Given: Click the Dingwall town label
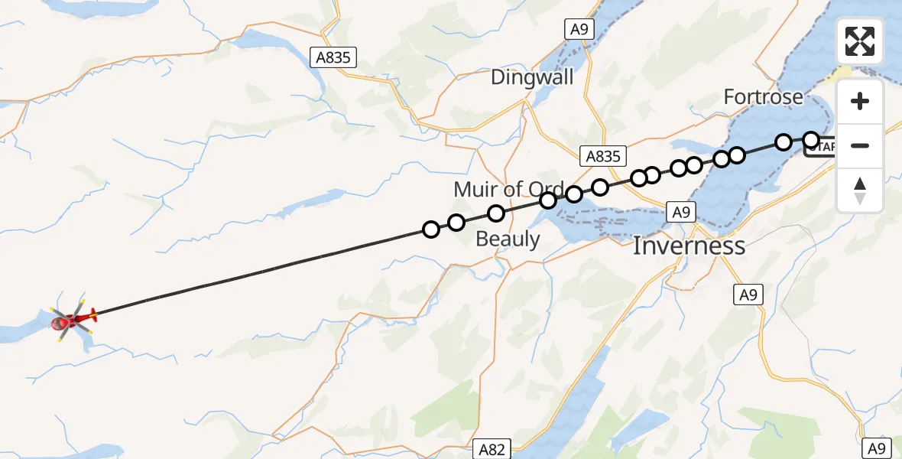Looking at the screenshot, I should coord(532,77).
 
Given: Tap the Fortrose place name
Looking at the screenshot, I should coord(763,97).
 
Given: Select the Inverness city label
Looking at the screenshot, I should coord(689,246).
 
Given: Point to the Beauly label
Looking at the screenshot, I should coord(508,239).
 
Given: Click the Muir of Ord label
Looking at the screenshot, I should coord(508,189).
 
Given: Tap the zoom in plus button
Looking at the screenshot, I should coord(860,101).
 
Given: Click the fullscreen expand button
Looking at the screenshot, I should coord(860,41).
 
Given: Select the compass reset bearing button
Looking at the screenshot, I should coord(860,189).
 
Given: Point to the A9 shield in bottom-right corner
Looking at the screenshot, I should coord(876,449).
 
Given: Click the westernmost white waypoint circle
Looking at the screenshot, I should coord(431,229).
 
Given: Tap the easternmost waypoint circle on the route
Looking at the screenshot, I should coord(811,139).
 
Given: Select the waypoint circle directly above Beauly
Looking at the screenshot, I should coord(496,213).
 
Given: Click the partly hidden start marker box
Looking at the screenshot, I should coord(822,147).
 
